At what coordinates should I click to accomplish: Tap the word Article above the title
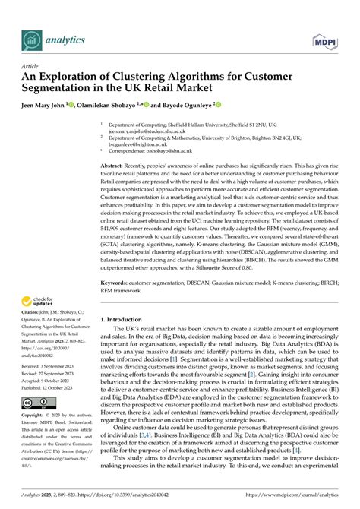point(32,67)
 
